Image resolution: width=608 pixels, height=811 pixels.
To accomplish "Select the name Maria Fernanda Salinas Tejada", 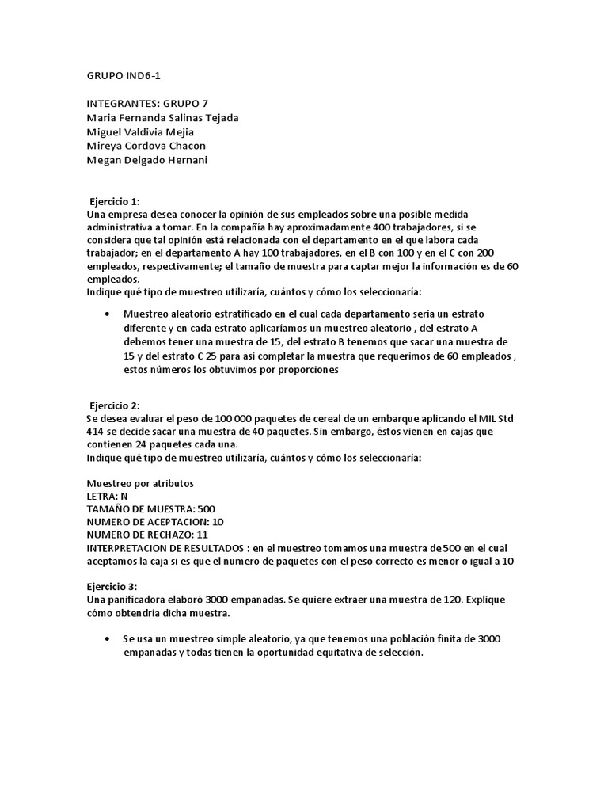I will pyautogui.click(x=162, y=118).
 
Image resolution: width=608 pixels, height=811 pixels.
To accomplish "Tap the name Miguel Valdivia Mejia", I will pyautogui.click(x=140, y=132).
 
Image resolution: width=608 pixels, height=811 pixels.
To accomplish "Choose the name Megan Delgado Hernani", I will pyautogui.click(x=146, y=161).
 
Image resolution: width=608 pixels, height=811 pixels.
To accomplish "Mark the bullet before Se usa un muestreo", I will pyautogui.click(x=106, y=638).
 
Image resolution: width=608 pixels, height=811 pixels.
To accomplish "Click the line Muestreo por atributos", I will pyautogui.click(x=140, y=483).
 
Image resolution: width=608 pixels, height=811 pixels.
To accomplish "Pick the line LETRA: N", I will pyautogui.click(x=107, y=496).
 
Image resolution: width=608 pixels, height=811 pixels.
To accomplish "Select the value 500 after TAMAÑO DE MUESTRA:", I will pyautogui.click(x=205, y=508).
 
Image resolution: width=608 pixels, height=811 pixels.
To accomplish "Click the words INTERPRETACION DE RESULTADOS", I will pyautogui.click(x=164, y=547).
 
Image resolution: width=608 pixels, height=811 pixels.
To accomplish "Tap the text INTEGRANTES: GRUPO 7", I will pyautogui.click(x=147, y=104).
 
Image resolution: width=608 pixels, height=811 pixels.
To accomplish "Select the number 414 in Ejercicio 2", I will pyautogui.click(x=95, y=432).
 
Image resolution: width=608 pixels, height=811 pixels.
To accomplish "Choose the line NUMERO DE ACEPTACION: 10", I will pyautogui.click(x=155, y=522).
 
